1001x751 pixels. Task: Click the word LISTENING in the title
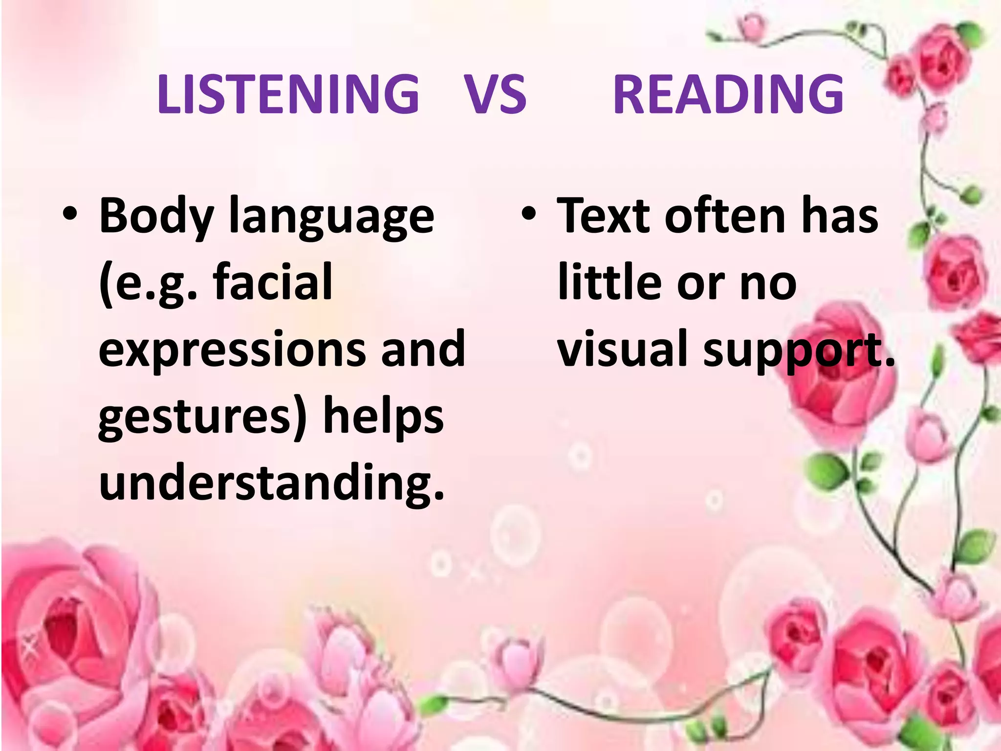tap(288, 94)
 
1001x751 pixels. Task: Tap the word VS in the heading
tap(495, 94)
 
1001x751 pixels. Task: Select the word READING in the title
tap(728, 94)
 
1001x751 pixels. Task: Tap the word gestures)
tap(202, 417)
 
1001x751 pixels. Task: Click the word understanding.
tap(271, 483)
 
